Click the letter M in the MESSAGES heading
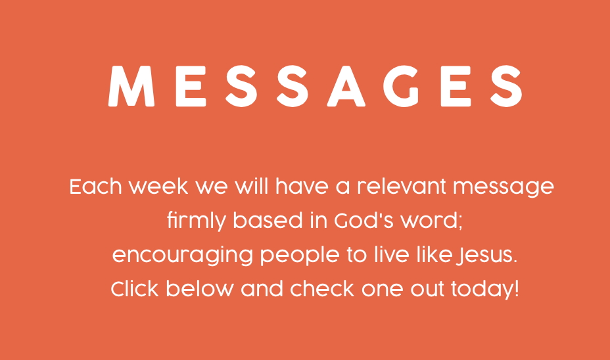(131, 86)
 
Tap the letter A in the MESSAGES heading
(346, 86)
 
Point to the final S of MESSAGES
(505, 86)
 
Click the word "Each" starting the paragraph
(96, 186)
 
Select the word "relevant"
(402, 186)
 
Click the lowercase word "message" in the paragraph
(504, 188)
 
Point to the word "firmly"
(196, 221)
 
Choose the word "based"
(268, 220)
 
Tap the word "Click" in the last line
(135, 289)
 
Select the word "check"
(322, 289)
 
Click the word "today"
(482, 290)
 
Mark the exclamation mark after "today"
(517, 289)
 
